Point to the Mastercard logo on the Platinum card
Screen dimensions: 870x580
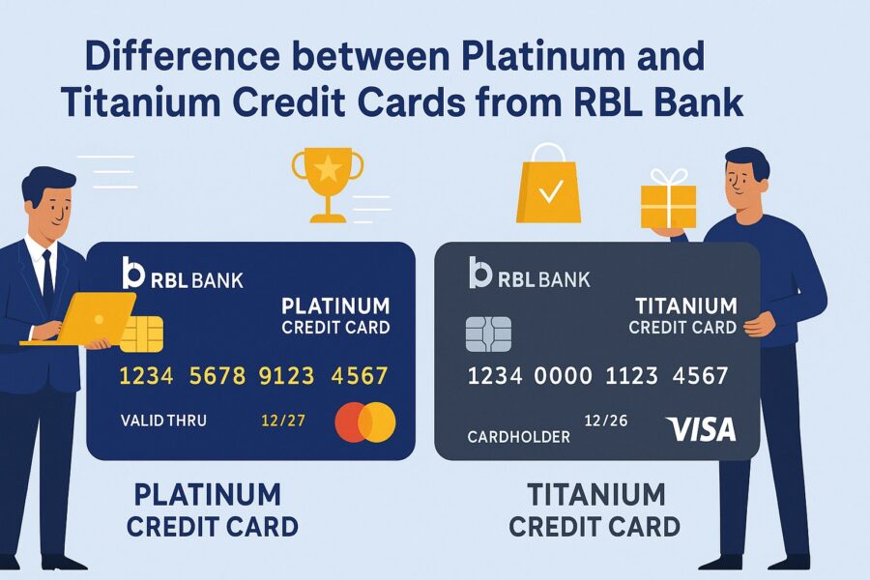pos(365,421)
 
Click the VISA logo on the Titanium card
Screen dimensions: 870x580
pos(702,429)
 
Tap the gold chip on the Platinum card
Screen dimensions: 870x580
pos(141,334)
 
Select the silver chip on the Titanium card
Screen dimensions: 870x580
pos(488,334)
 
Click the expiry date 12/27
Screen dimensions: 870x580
pos(283,420)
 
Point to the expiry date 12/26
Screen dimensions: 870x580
pos(606,420)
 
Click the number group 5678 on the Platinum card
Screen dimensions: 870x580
pos(217,376)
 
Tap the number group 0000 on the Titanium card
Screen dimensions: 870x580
pos(563,376)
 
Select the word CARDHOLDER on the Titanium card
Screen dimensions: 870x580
pos(518,437)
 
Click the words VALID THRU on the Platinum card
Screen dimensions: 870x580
pos(163,420)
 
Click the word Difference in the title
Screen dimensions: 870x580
pos(182,55)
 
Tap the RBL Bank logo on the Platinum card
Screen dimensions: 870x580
pos(183,273)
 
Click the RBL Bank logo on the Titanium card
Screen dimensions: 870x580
pos(530,273)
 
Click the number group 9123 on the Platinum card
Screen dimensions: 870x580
pos(286,376)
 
